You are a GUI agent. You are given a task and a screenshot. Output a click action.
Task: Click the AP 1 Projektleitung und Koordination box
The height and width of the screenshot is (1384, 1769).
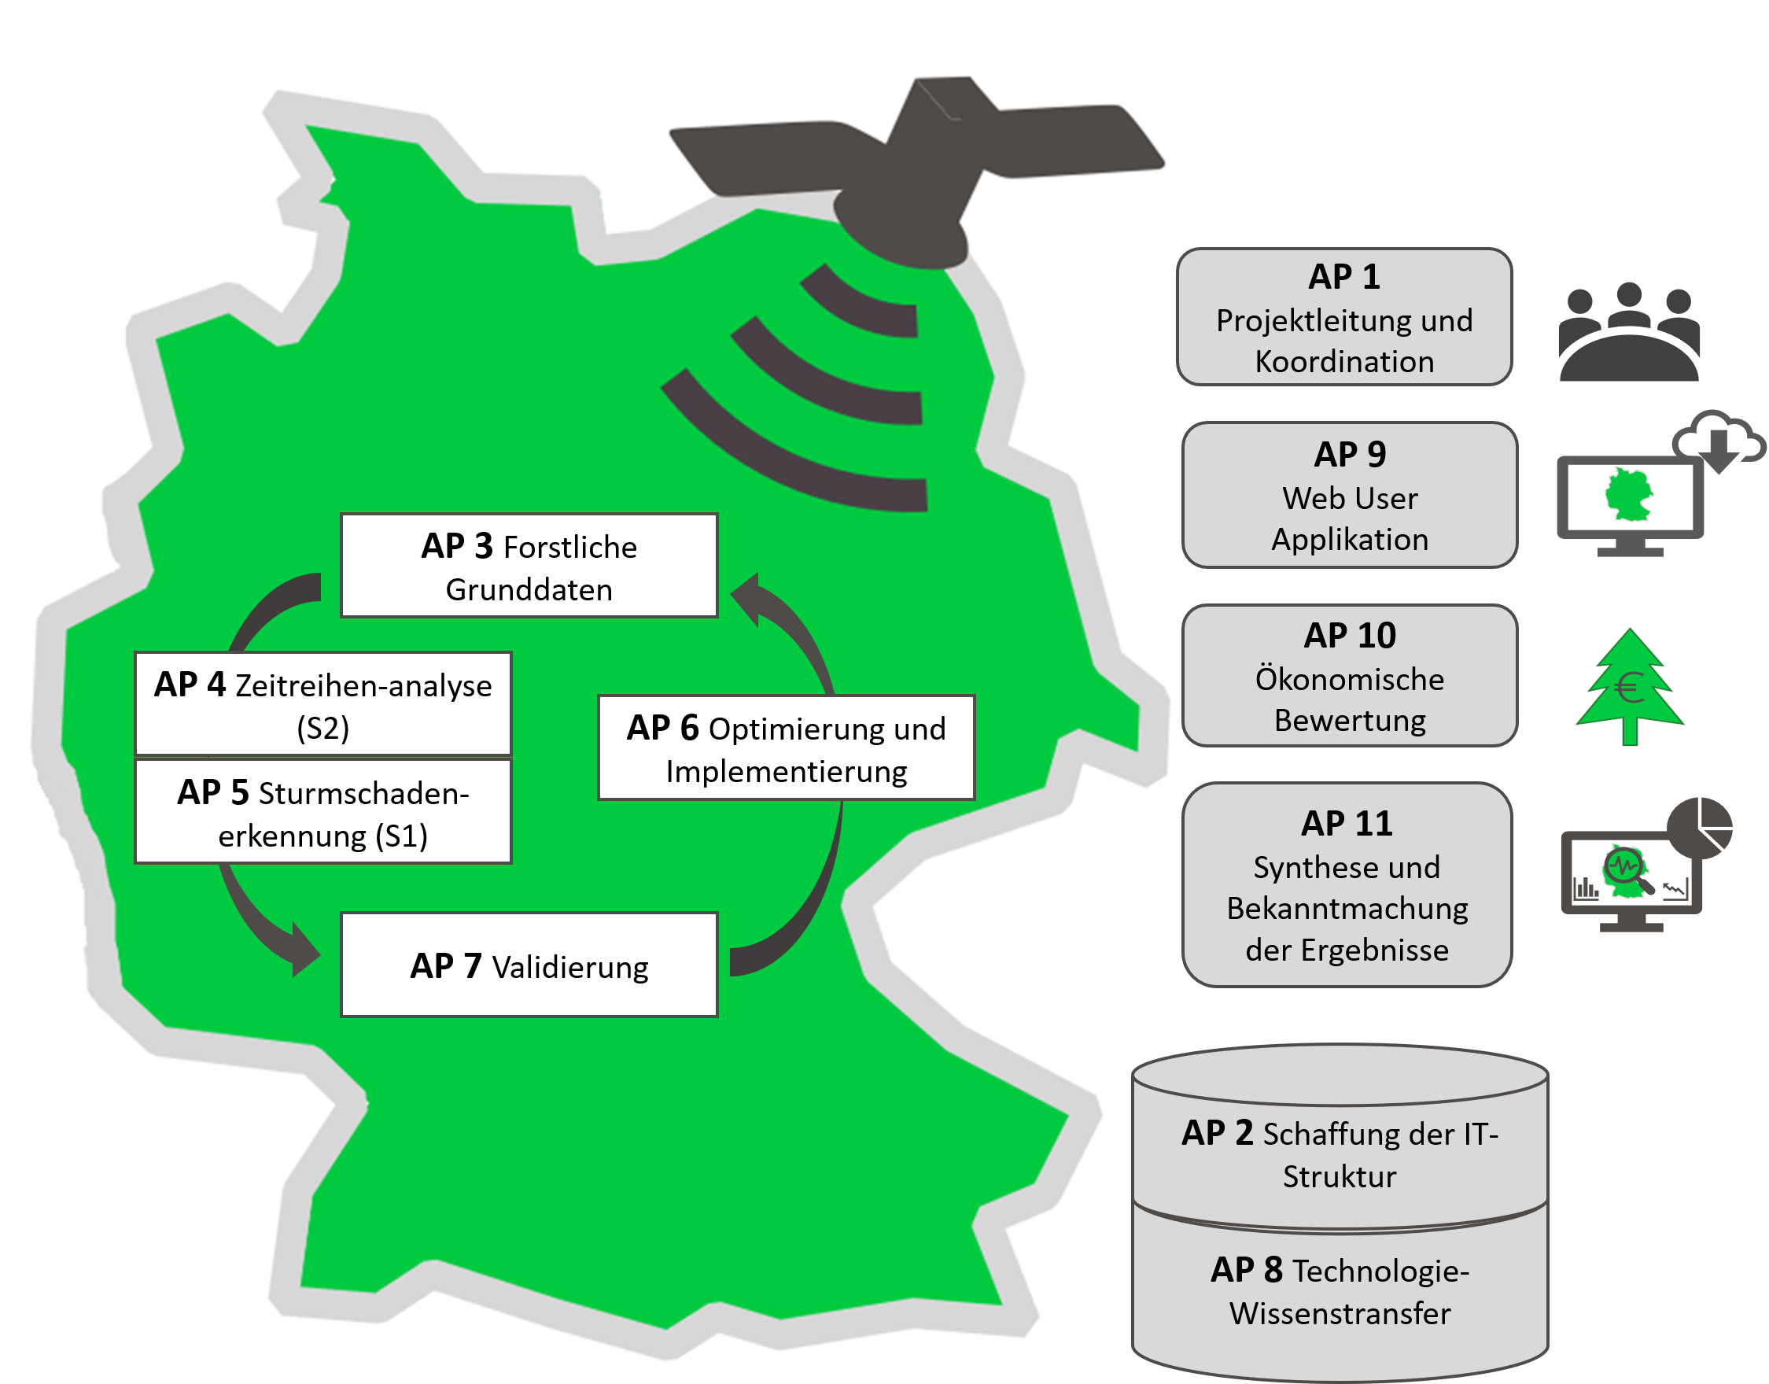(x=1344, y=317)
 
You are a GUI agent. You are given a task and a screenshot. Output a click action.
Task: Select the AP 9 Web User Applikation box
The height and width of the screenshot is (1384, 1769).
(x=1350, y=495)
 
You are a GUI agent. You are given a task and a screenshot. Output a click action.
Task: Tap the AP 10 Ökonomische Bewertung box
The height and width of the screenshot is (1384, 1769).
(x=1350, y=676)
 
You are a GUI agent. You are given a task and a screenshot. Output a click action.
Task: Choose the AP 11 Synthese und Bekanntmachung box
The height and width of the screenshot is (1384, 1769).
(x=1347, y=885)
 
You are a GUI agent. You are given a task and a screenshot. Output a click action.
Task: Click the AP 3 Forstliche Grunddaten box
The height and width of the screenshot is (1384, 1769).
(x=529, y=566)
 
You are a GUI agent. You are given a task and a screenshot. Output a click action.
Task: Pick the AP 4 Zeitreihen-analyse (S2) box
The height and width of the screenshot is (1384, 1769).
(x=323, y=704)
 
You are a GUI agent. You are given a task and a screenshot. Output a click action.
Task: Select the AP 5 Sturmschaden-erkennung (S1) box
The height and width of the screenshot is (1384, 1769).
(x=323, y=811)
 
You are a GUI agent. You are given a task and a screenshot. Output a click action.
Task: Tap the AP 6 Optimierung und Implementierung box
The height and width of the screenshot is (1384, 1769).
(x=787, y=748)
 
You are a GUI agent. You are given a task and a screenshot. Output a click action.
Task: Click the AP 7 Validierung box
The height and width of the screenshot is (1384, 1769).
(x=529, y=965)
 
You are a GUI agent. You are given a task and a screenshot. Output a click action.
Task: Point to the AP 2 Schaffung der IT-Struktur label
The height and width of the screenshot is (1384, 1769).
(x=1340, y=1155)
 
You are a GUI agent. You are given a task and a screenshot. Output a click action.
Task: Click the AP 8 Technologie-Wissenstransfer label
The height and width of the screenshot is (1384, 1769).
(x=1340, y=1292)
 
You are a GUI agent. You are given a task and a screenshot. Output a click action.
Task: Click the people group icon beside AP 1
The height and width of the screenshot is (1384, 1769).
(x=1629, y=331)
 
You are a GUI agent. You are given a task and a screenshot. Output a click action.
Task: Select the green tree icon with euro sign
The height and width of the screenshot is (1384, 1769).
(x=1630, y=686)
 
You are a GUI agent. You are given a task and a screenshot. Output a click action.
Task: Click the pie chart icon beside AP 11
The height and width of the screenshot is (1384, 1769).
(x=1699, y=827)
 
